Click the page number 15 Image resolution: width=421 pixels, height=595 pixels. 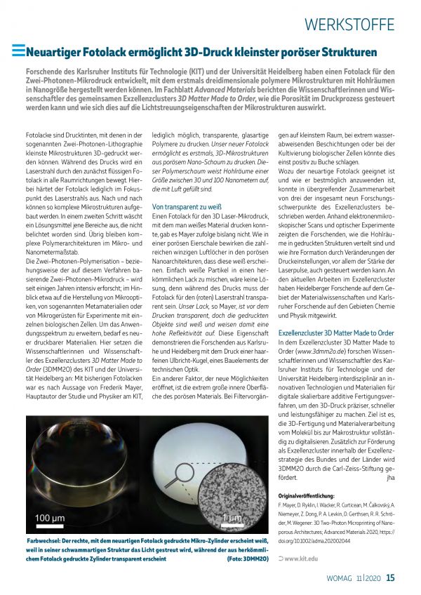point(391,578)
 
